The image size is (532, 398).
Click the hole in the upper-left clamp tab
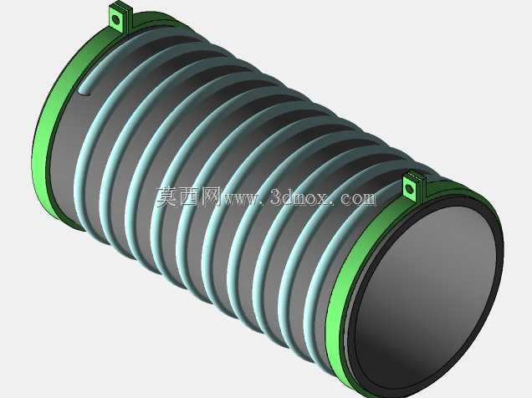coord(116,19)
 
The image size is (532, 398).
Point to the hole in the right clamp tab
coord(410,188)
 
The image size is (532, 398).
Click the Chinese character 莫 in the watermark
coord(166,196)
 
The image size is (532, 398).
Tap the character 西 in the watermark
coord(189,196)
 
